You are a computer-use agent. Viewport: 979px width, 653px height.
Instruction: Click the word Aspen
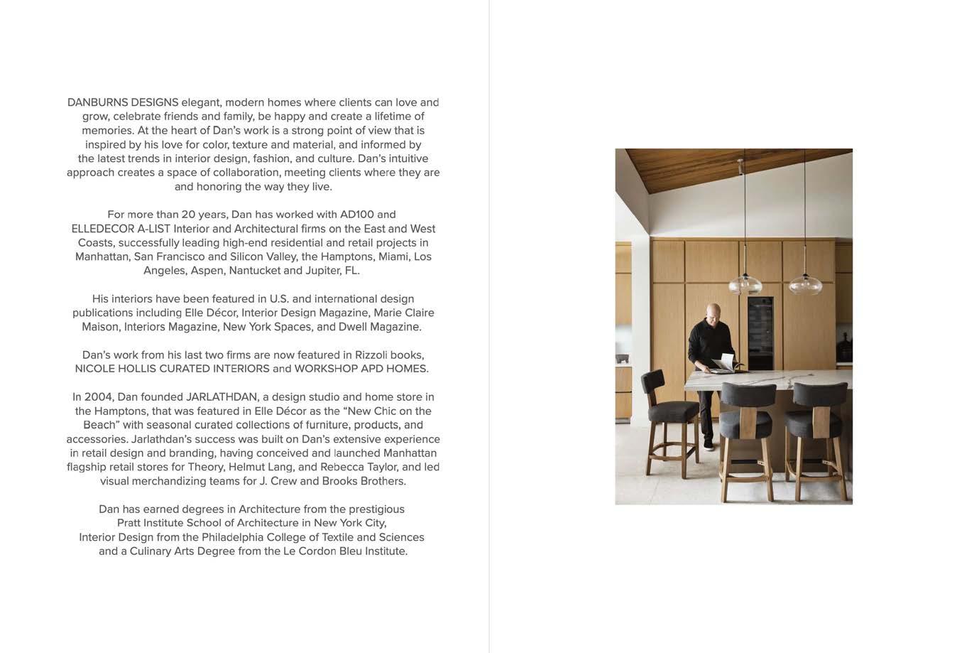(206, 271)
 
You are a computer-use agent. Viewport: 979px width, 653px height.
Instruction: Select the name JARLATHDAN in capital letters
(224, 396)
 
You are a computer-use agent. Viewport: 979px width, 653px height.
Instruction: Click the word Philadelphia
(239, 537)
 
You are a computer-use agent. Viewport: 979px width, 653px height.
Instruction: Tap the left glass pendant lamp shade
(745, 284)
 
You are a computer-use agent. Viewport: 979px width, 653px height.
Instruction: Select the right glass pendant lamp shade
(804, 284)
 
